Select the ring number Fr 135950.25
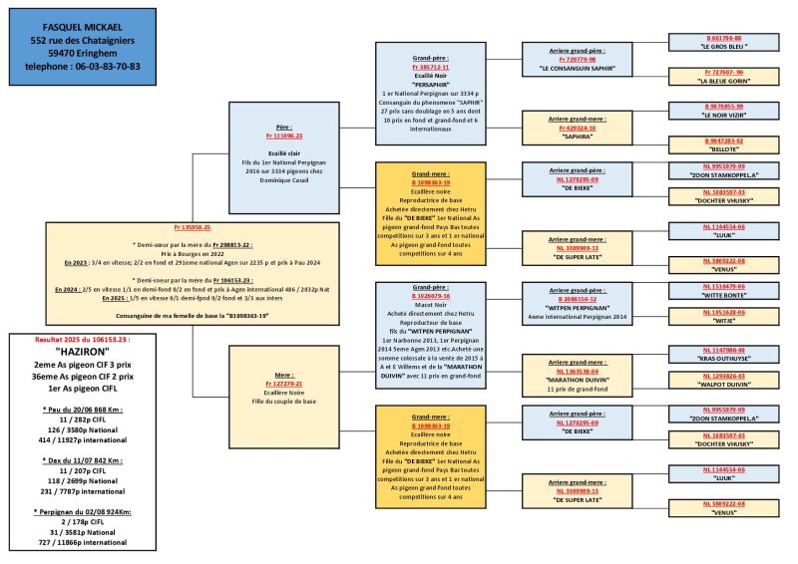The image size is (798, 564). [x=193, y=226]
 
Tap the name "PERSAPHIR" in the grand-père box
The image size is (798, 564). [x=431, y=83]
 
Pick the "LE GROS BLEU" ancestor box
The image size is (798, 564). [x=724, y=46]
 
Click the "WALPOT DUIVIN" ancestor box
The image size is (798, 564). [x=724, y=382]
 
